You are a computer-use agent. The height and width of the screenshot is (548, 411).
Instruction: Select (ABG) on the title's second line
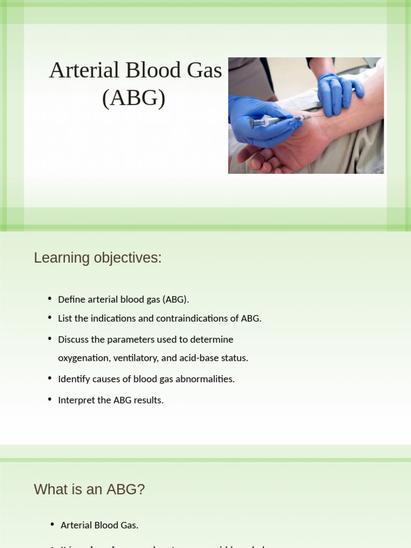click(x=134, y=98)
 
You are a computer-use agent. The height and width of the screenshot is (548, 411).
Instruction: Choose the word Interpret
click(x=76, y=400)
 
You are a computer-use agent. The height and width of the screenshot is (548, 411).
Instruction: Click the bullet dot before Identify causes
click(x=50, y=378)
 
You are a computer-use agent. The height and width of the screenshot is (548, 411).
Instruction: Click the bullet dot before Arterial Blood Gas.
click(x=52, y=524)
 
